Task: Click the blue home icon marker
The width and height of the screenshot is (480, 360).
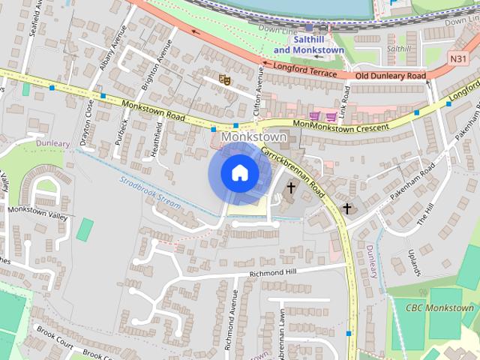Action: point(239,173)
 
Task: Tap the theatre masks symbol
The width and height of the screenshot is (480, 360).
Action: point(223,79)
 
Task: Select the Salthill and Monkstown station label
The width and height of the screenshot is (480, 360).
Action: point(308,44)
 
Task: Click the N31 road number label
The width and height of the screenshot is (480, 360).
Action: point(459,58)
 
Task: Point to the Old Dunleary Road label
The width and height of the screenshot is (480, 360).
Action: point(390,76)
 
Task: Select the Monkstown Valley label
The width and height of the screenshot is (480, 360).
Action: point(37,209)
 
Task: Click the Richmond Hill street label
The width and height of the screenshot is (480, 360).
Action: point(274,272)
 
